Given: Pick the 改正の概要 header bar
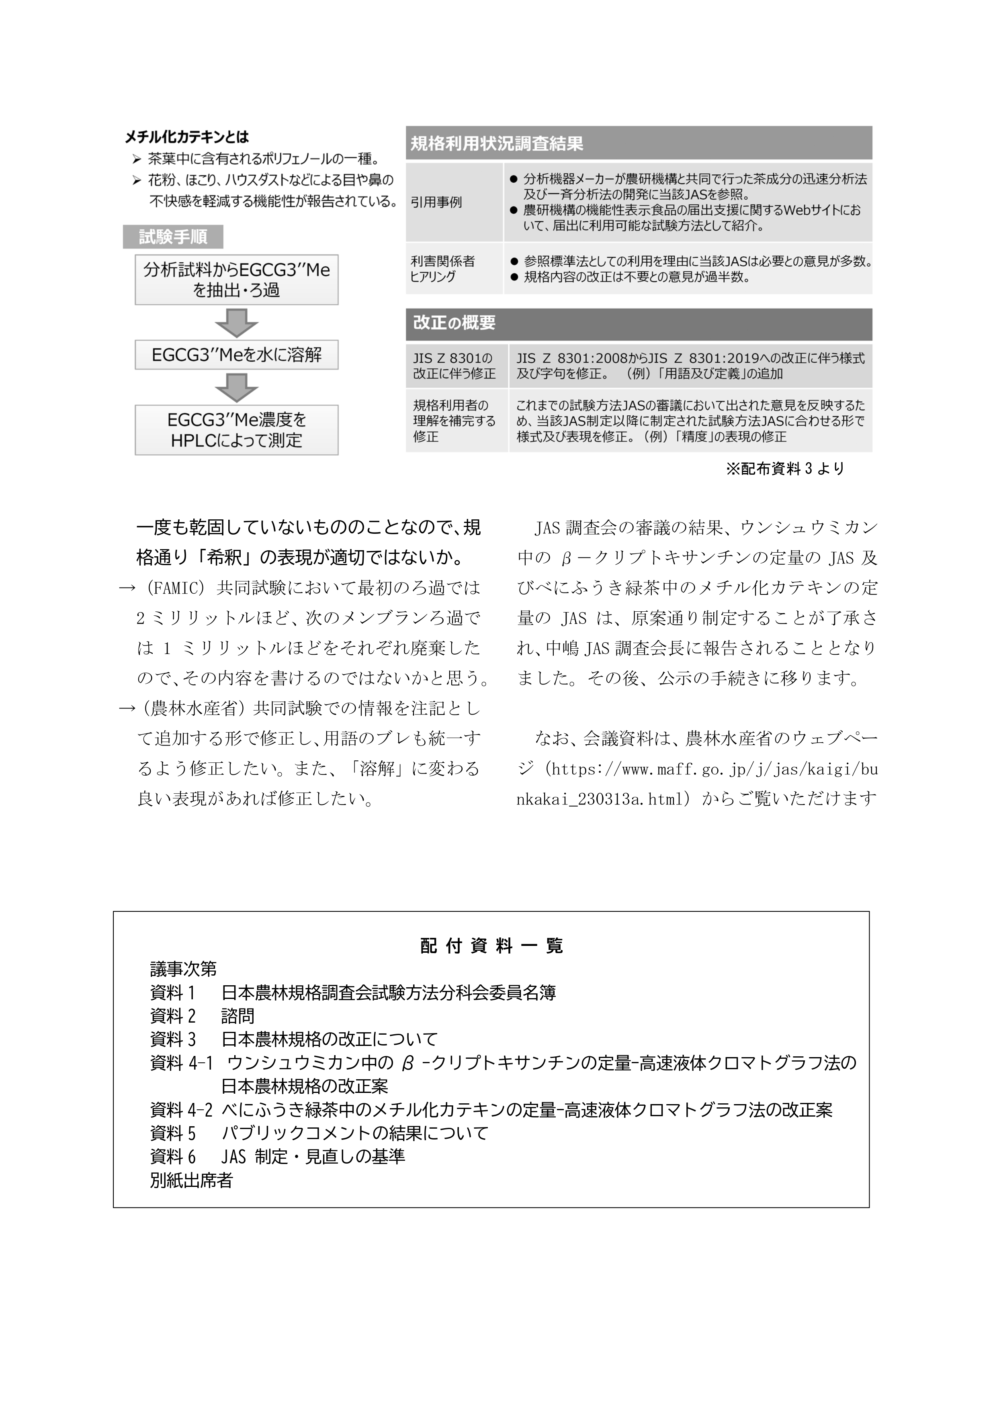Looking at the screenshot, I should click(639, 323).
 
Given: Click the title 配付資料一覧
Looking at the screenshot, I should click(491, 945).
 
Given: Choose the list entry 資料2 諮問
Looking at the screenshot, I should click(202, 1016).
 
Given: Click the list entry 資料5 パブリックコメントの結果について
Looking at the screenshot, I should click(319, 1133).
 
